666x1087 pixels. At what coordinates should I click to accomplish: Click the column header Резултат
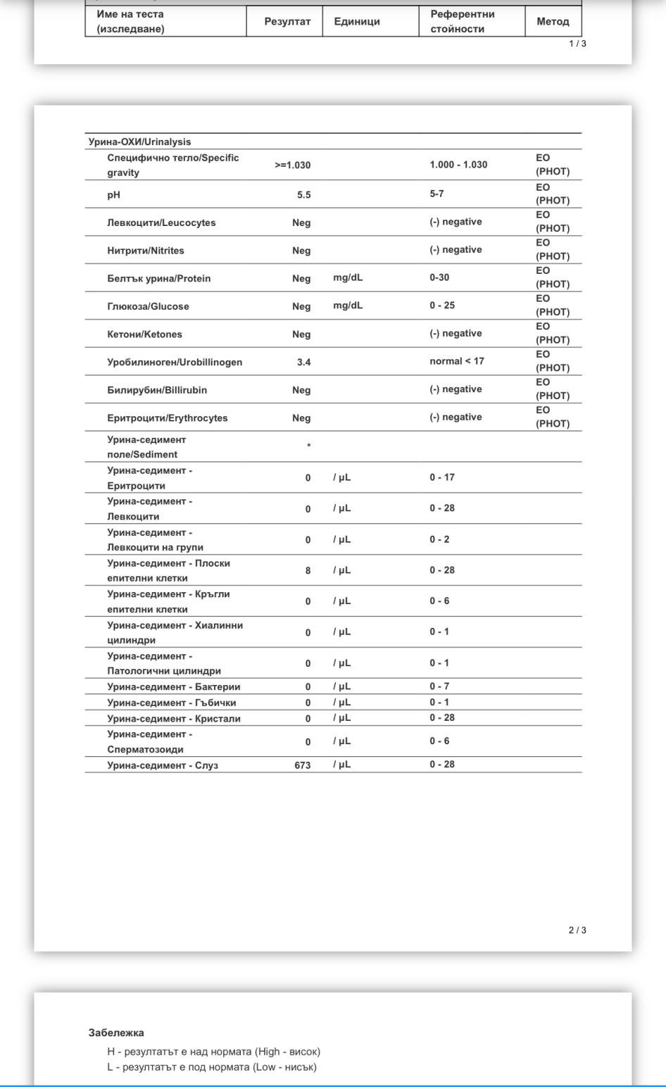[287, 22]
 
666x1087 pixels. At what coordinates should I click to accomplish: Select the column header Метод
[553, 22]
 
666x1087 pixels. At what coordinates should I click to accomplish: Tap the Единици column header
[357, 22]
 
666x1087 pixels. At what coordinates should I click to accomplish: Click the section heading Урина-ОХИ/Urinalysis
[139, 142]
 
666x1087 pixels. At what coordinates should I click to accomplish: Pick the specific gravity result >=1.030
[292, 165]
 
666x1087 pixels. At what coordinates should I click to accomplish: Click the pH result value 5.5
[303, 195]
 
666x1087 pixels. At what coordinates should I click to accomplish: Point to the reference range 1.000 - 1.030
[458, 165]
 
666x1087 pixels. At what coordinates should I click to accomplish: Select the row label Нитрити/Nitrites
[146, 251]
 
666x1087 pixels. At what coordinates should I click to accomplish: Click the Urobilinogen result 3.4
[303, 363]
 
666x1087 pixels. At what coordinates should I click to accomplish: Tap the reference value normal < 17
[457, 361]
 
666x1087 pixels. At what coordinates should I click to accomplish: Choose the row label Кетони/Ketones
[144, 334]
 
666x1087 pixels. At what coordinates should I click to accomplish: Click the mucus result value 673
[303, 765]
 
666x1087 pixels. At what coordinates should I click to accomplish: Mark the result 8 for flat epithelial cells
[308, 571]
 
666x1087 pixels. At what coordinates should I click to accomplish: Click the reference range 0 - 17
[442, 477]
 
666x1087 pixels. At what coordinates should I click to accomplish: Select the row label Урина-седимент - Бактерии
[173, 687]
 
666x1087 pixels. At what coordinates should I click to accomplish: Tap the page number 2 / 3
[577, 931]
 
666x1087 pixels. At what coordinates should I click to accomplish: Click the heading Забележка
[116, 1033]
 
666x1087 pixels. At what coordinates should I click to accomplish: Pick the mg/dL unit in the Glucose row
[348, 306]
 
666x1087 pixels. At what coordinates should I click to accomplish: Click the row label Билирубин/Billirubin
[157, 390]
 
